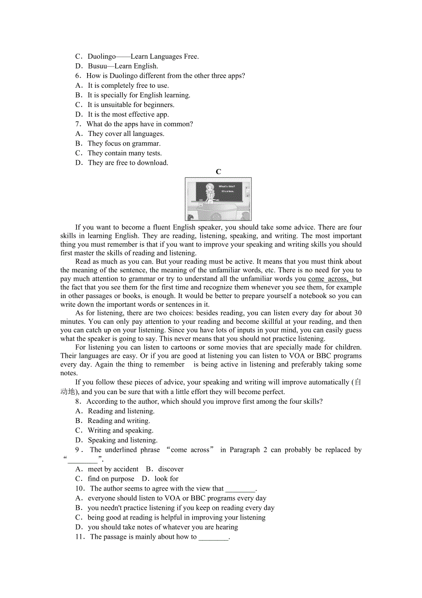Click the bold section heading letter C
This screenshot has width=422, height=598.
(218, 172)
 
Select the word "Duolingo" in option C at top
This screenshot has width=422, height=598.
(102, 56)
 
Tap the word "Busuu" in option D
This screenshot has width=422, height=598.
(97, 66)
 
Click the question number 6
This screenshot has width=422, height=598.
(78, 76)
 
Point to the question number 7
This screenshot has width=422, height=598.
(78, 124)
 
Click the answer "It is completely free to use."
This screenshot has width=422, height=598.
(128, 85)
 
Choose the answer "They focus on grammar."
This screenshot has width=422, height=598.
(124, 143)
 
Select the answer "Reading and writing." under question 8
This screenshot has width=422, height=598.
(119, 421)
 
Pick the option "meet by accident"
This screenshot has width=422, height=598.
(113, 469)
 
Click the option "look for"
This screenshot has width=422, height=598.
(167, 479)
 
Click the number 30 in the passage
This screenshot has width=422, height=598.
(357, 313)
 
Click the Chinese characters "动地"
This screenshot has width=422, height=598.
(67, 392)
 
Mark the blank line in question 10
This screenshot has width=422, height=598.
(240, 489)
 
